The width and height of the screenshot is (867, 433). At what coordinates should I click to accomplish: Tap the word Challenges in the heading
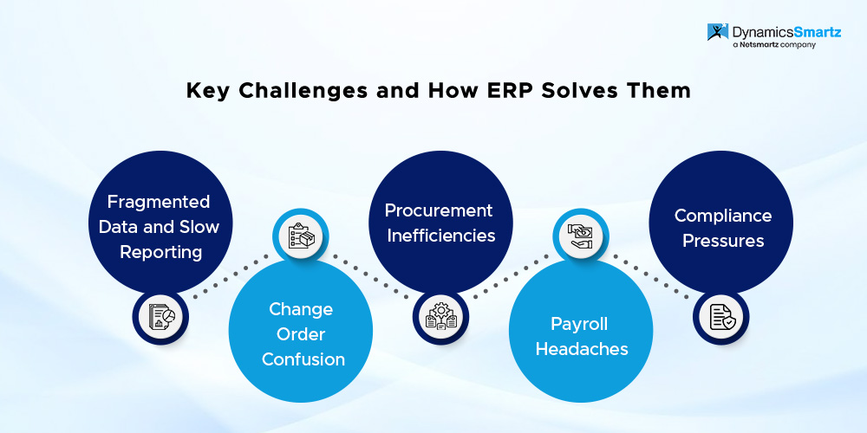(x=303, y=91)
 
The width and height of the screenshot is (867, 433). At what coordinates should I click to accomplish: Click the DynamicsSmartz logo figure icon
(x=718, y=31)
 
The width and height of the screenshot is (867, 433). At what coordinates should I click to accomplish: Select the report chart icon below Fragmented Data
(x=161, y=317)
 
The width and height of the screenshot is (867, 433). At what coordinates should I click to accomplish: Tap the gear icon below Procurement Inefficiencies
(x=440, y=317)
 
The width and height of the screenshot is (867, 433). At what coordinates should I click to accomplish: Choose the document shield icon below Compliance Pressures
(x=721, y=317)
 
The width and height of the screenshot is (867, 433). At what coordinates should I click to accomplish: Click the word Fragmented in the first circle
(x=159, y=202)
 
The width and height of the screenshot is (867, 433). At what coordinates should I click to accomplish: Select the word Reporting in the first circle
(x=161, y=253)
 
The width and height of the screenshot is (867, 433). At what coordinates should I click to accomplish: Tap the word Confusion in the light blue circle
(x=303, y=359)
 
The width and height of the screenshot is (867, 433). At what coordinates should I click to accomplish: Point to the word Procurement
(x=439, y=210)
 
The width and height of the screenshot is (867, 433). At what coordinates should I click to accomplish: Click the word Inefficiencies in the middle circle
(x=440, y=236)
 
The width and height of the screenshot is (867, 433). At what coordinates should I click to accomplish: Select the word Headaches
(x=582, y=349)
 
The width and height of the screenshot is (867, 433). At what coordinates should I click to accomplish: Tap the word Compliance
(x=723, y=216)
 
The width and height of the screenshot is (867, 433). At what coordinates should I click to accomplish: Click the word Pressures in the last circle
(x=723, y=241)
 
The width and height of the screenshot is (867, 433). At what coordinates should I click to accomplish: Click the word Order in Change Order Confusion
(x=301, y=334)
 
